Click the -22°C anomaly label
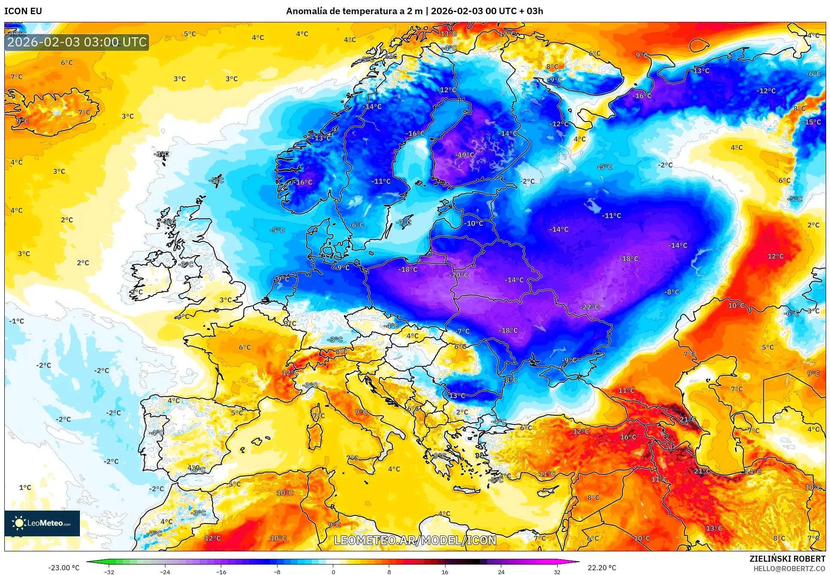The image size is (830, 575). click(x=589, y=307)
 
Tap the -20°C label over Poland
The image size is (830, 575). click(x=459, y=275)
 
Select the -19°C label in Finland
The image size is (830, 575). click(x=465, y=155)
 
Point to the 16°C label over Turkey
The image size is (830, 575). click(x=628, y=437)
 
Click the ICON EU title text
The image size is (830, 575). click(x=23, y=11)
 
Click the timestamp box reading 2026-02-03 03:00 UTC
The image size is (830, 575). click(x=77, y=42)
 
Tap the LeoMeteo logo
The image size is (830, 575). click(x=42, y=523)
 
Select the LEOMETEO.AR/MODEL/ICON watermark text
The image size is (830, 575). click(x=415, y=540)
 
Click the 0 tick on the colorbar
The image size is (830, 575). click(x=333, y=572)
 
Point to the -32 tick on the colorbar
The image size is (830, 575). click(x=109, y=572)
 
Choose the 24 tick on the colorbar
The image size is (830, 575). click(x=501, y=572)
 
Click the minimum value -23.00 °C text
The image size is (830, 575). click(x=64, y=568)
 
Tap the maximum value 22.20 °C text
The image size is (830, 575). click(x=601, y=568)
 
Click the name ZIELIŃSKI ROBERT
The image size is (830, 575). click(x=787, y=559)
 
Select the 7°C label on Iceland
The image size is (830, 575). click(x=84, y=113)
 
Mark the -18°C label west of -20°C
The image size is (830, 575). click(x=408, y=269)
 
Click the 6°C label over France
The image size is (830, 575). click(x=244, y=347)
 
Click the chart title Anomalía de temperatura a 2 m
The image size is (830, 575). click(x=354, y=11)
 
